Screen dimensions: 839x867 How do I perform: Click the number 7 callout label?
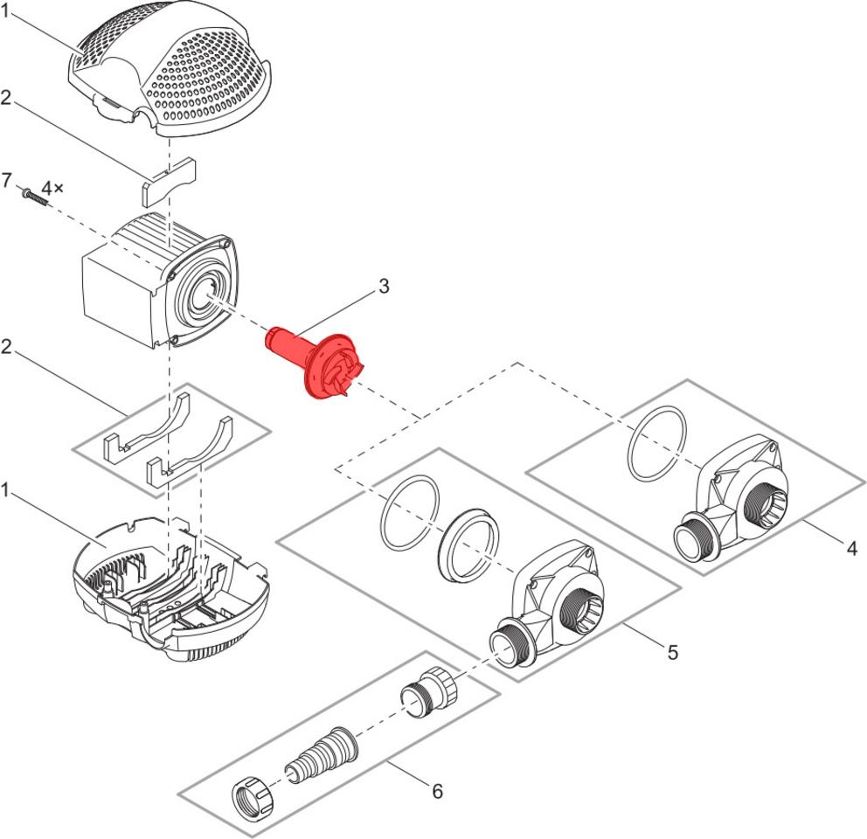7,181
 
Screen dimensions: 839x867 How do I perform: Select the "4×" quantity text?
53,188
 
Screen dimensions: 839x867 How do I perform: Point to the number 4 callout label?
851,549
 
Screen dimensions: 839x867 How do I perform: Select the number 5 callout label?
672,652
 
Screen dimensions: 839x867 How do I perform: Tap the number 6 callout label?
437,791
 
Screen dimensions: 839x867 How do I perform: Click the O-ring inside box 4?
658,444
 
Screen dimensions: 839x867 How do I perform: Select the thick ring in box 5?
466,544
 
